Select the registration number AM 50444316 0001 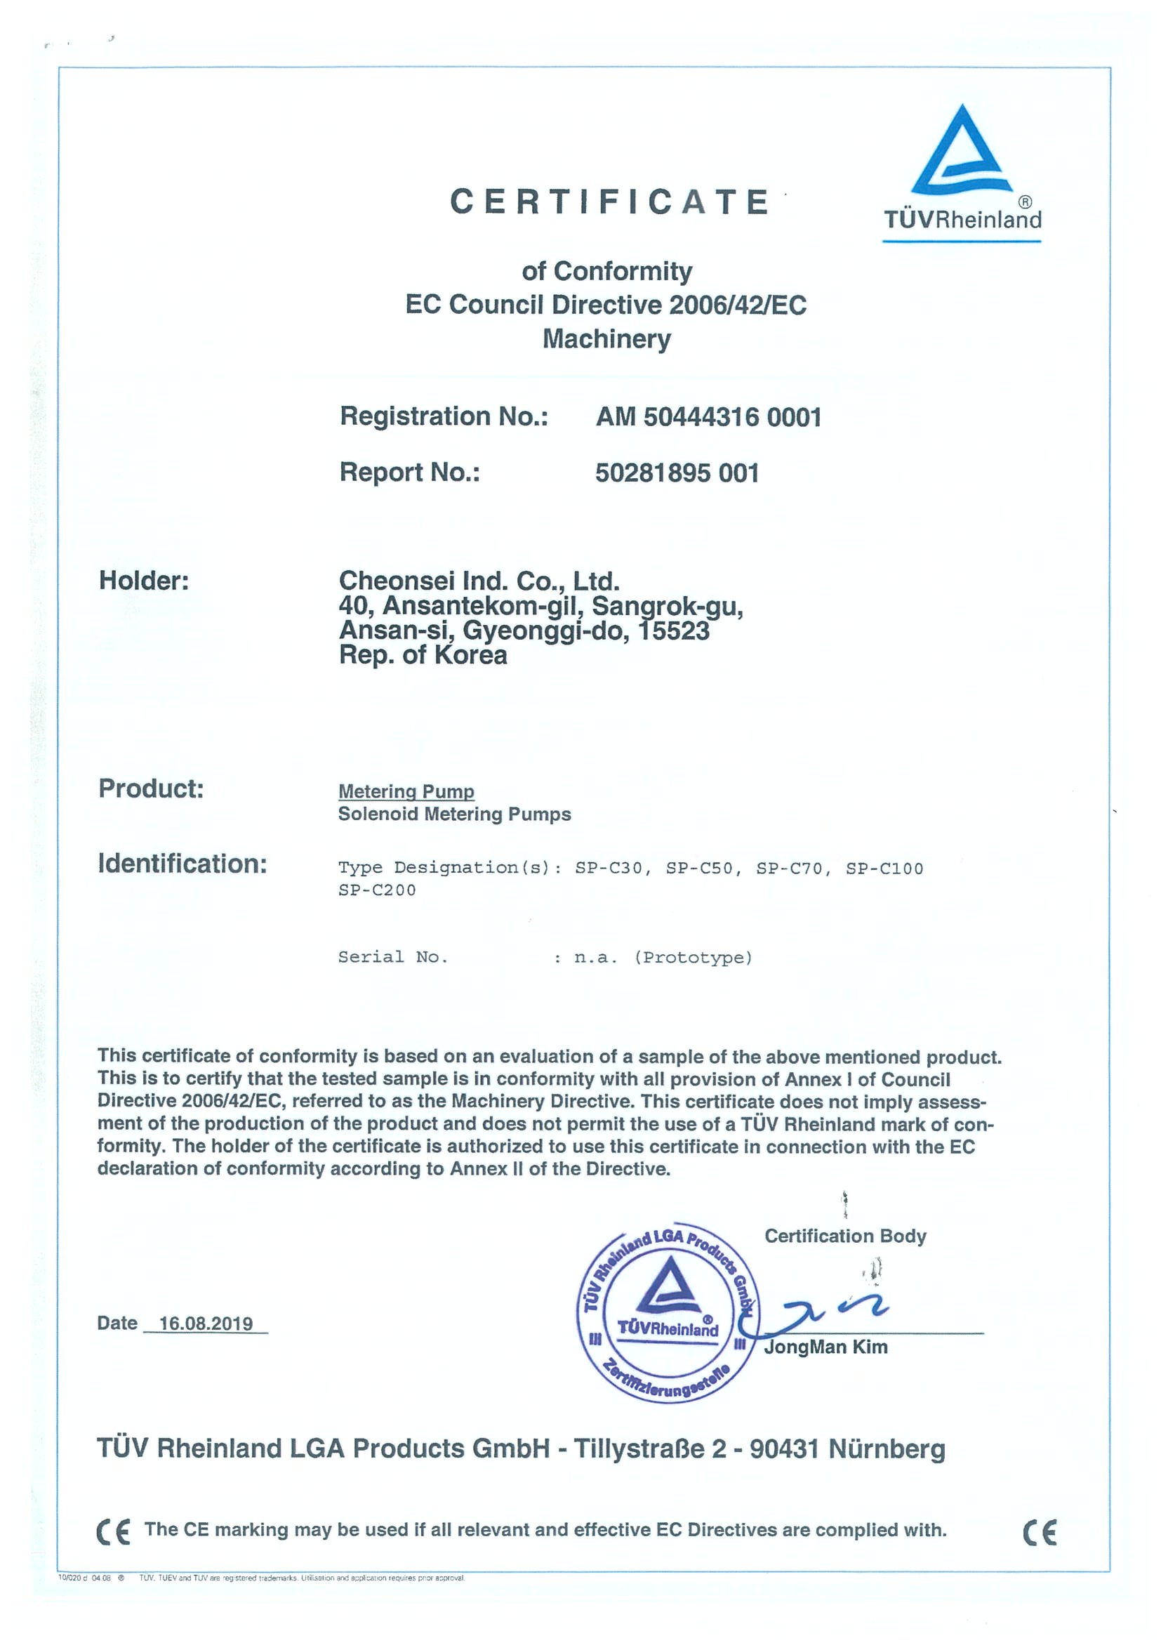tap(708, 416)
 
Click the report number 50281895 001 tap(677, 473)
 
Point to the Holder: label tap(144, 581)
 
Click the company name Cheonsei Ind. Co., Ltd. tap(479, 581)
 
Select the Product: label tap(151, 788)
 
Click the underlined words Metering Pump tap(406, 791)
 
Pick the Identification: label tap(183, 864)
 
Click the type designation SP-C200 tap(377, 890)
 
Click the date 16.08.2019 tap(206, 1323)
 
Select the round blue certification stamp tap(668, 1312)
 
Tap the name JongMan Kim tap(825, 1347)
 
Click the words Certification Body tap(845, 1236)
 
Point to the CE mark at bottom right tap(1040, 1532)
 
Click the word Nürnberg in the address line tap(887, 1449)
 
